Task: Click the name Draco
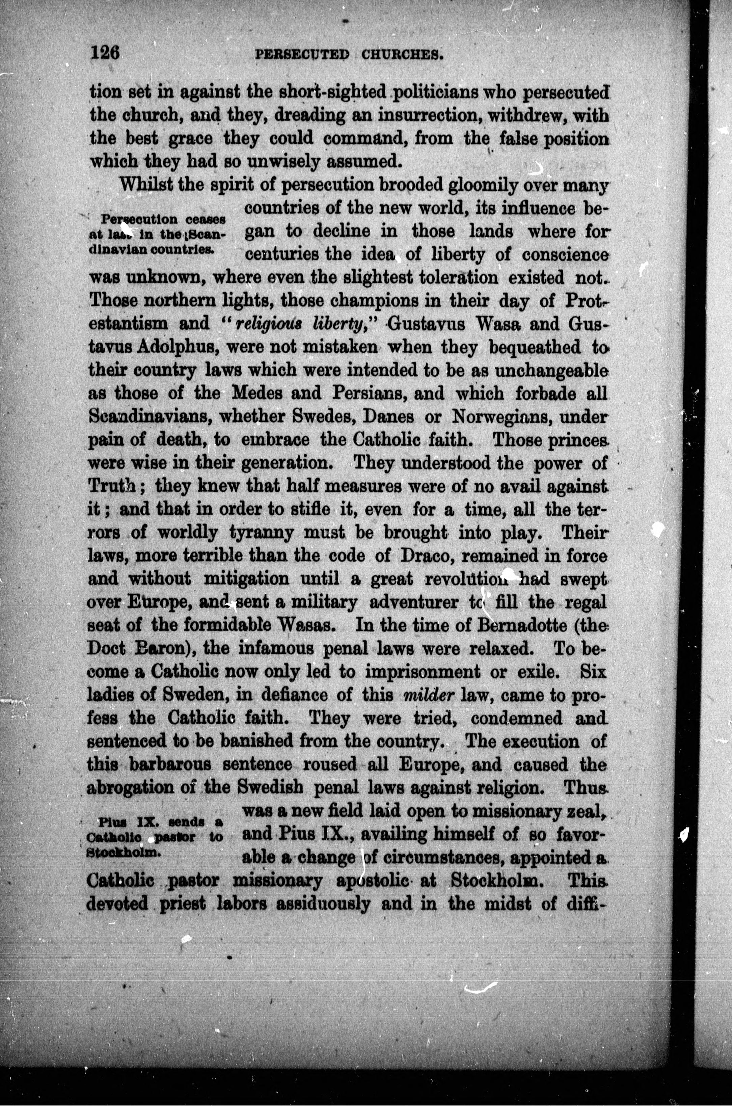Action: [416, 556]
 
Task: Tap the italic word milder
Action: [429, 696]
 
